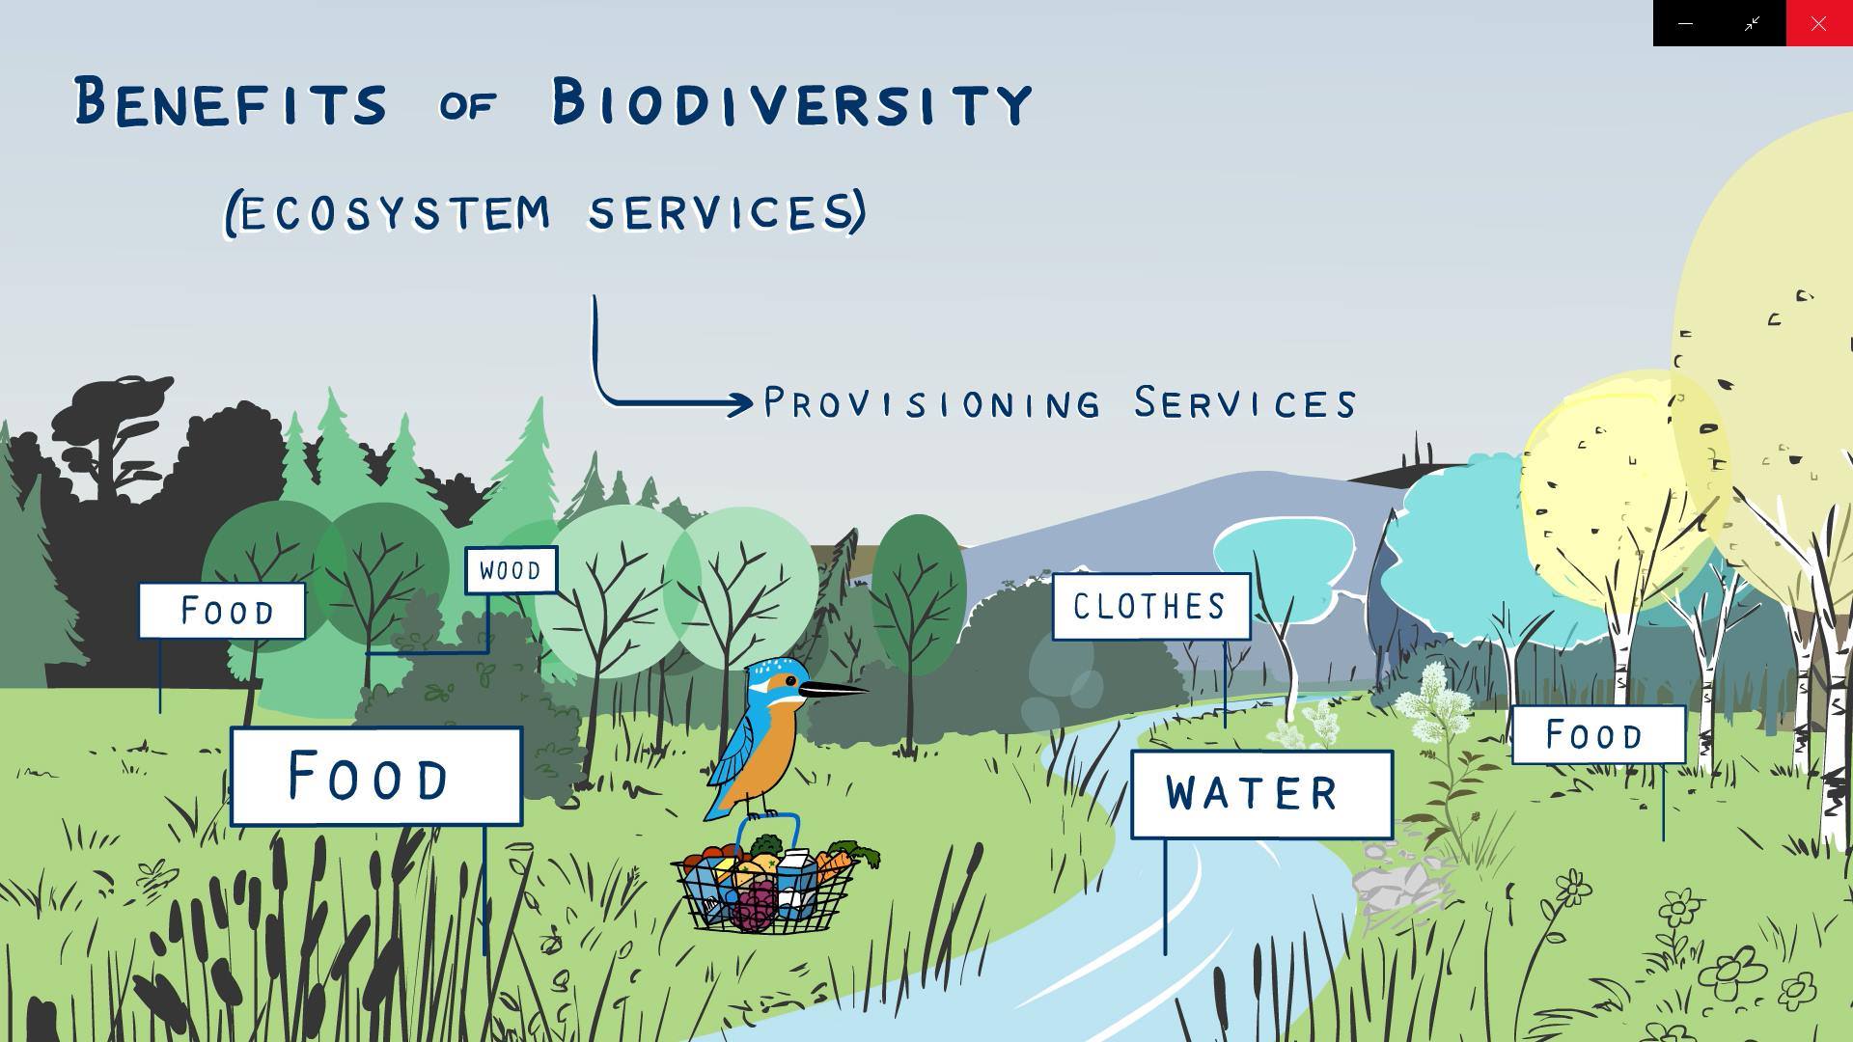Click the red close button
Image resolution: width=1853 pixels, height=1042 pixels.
coord(1819,23)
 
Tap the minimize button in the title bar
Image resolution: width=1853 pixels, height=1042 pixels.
coord(1686,23)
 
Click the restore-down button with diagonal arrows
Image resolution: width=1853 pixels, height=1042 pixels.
coord(1753,23)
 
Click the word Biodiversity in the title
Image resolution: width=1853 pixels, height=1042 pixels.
coord(792,102)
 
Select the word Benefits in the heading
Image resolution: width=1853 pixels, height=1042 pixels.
coord(231,102)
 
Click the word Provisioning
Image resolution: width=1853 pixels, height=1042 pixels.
coord(932,402)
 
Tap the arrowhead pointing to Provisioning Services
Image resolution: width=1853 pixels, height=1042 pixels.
coord(741,403)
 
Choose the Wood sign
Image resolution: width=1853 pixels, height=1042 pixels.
coord(511,570)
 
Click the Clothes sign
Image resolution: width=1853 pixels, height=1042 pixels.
coord(1151,607)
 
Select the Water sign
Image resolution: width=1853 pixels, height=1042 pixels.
coord(1261,794)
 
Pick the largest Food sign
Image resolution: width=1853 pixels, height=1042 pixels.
coord(376,776)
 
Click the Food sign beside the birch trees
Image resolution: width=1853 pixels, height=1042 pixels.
coord(1598,735)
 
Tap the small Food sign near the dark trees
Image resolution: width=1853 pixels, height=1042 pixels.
coord(222,611)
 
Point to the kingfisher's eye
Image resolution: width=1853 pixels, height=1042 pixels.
coord(791,681)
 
